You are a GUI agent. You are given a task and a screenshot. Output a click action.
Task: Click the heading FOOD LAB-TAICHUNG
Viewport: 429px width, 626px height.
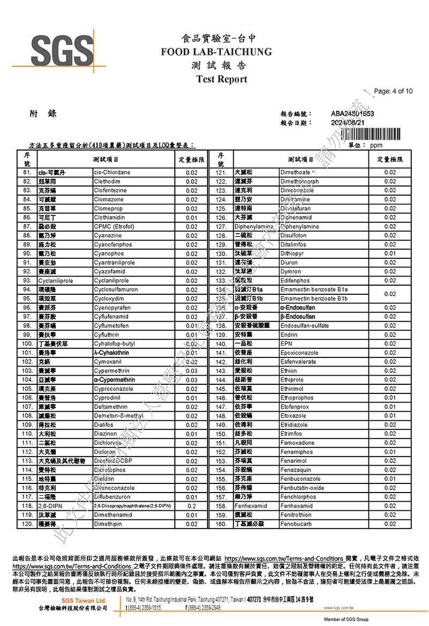[216, 52]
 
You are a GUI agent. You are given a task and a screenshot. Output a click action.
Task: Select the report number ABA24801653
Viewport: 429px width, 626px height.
[352, 114]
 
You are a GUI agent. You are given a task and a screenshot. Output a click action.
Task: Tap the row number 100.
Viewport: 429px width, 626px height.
[27, 344]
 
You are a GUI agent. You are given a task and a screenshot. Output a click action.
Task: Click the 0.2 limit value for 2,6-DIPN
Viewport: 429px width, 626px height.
[191, 506]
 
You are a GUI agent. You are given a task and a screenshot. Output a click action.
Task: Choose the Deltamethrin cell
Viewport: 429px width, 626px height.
[110, 407]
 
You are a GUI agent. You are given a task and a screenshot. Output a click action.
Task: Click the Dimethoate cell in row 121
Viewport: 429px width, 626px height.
[295, 173]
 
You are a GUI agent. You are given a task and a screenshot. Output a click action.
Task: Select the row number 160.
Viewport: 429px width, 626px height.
[221, 524]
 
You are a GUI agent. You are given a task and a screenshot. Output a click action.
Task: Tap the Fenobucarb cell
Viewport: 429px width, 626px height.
[296, 524]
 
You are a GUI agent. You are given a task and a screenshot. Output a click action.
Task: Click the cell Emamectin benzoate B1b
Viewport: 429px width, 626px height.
[314, 299]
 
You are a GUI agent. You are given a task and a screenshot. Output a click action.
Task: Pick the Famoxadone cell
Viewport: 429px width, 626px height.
[298, 443]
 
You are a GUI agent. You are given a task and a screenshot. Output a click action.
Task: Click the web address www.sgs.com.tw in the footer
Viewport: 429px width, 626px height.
[339, 608]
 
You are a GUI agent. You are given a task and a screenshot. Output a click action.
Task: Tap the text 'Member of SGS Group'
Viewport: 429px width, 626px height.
[346, 620]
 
